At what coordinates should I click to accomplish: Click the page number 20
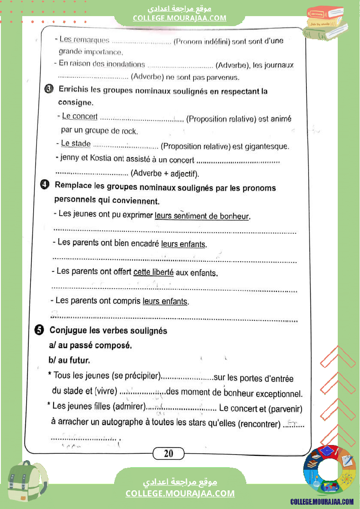pyautogui.click(x=169, y=454)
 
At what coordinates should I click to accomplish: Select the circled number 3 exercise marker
pyautogui.click(x=49, y=89)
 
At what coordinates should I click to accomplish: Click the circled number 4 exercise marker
pyautogui.click(x=44, y=185)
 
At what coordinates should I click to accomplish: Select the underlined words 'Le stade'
pyautogui.click(x=76, y=144)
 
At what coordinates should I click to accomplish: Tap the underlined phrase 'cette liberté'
pyautogui.click(x=153, y=273)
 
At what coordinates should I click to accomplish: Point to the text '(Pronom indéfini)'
pyautogui.click(x=201, y=41)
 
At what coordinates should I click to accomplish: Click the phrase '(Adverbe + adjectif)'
pyautogui.click(x=165, y=174)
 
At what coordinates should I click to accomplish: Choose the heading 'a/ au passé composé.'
pyautogui.click(x=90, y=346)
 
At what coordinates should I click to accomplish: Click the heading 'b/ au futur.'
pyautogui.click(x=69, y=360)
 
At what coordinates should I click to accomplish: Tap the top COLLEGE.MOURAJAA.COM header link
pyautogui.click(x=180, y=18)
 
